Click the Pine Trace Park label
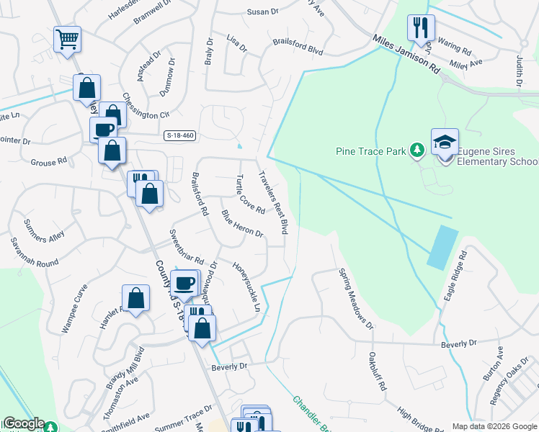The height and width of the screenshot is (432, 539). point(372,151)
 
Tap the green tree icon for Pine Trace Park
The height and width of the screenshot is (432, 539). point(416,150)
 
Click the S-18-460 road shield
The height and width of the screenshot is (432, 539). point(180,135)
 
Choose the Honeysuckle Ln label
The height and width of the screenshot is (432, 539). point(246,285)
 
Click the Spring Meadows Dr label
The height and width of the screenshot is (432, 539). point(357,298)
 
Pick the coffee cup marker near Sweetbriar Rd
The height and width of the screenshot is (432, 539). point(185,284)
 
